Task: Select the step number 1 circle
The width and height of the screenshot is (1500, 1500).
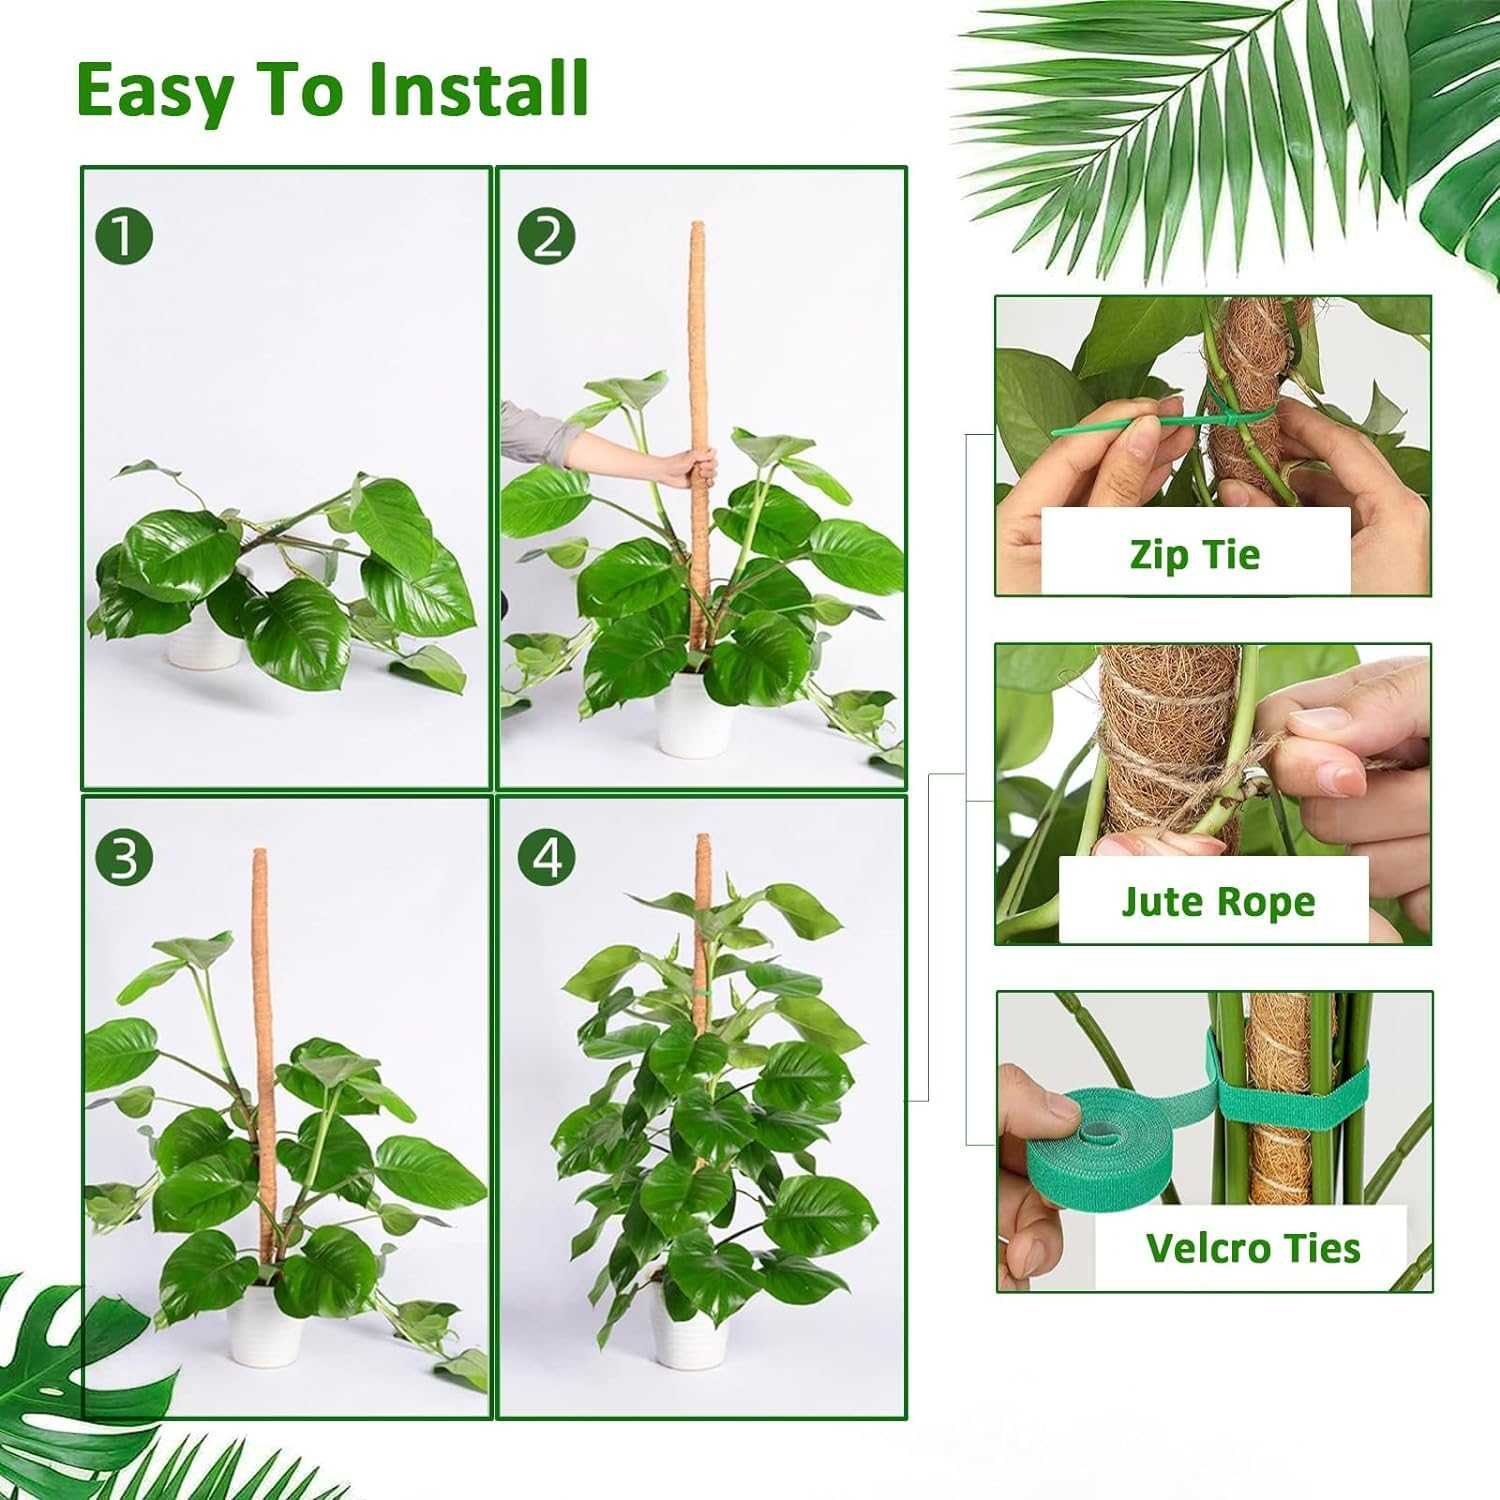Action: point(124,238)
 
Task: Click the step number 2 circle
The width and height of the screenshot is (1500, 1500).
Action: point(547,238)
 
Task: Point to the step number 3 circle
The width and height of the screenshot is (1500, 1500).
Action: point(124,858)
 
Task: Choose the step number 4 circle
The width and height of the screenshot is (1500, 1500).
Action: point(547,858)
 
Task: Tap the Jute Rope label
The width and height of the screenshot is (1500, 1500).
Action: point(1217,901)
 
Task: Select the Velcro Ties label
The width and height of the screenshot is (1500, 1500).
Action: point(1252,1248)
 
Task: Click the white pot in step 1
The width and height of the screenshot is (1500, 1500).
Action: point(200,640)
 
